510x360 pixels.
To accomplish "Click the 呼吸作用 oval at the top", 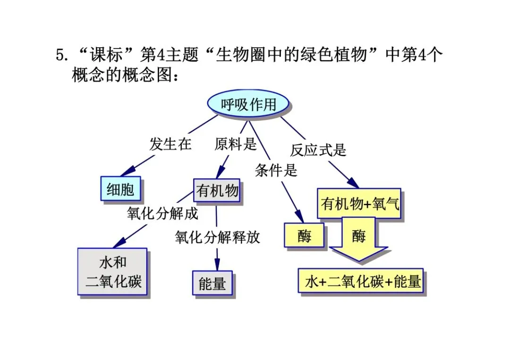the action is coord(248,104).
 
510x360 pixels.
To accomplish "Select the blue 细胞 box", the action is coord(121,189).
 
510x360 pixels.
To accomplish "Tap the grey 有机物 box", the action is coord(217,191).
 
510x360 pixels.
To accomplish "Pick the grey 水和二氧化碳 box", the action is coord(112,272).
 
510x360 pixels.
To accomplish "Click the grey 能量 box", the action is coord(212,283).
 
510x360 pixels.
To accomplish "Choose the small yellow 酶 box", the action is coord(304,235).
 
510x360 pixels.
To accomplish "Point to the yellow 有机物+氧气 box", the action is coord(359,203).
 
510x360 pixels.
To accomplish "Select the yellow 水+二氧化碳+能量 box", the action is coord(361,281).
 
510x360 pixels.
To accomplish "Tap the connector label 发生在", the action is coord(170,143).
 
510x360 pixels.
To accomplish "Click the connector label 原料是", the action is coord(236,143).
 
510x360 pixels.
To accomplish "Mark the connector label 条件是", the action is coord(276,170).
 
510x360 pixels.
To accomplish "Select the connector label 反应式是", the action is coord(318,150).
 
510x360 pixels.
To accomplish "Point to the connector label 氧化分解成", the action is coord(162,213).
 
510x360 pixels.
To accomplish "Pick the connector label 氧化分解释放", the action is coord(217,237).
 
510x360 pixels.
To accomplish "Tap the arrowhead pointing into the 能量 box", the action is coord(217,265).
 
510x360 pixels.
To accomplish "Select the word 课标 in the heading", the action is coord(106,54).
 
